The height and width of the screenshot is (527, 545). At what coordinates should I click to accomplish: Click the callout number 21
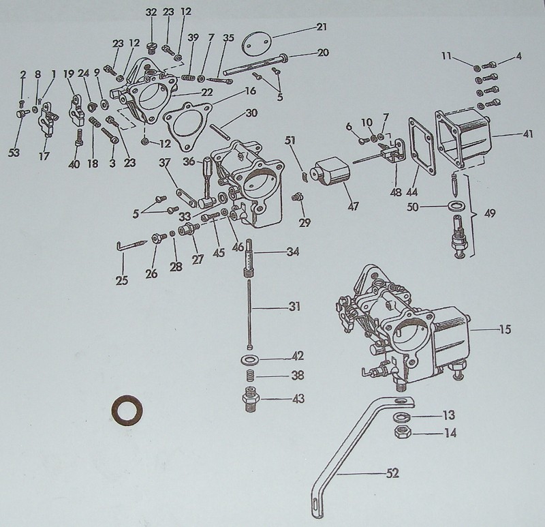[322, 27]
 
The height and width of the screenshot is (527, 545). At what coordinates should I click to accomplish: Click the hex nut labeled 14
[403, 432]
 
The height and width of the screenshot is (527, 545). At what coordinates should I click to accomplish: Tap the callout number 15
[505, 331]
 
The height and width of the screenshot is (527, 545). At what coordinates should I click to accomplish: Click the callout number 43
[297, 398]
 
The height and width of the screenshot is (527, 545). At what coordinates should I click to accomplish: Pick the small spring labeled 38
[250, 376]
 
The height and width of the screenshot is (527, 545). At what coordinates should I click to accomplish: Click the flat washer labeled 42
[250, 359]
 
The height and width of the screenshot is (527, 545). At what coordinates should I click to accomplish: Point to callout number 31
[294, 306]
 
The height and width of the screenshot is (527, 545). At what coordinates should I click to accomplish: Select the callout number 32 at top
[151, 12]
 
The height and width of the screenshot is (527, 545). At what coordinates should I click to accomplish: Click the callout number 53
[14, 153]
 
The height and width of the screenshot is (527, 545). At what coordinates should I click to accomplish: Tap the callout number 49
[490, 213]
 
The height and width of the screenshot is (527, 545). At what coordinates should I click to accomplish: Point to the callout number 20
[323, 52]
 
